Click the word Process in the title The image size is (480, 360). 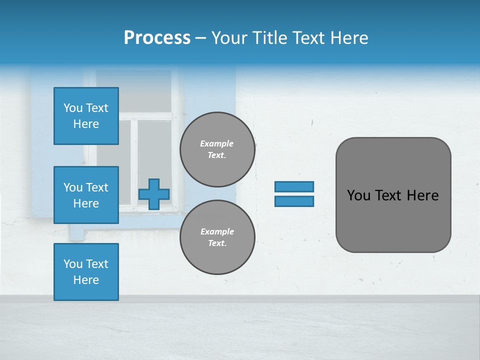pyautogui.click(x=157, y=38)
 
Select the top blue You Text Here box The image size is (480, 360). pyautogui.click(x=86, y=116)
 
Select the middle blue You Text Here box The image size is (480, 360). pyautogui.click(x=86, y=195)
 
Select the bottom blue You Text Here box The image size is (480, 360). pyautogui.click(x=86, y=271)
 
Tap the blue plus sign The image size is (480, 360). pyautogui.click(x=154, y=194)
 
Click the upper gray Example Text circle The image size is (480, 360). pyautogui.click(x=217, y=149)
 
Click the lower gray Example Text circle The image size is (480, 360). pyautogui.click(x=217, y=237)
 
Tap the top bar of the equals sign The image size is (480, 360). pyautogui.click(x=294, y=186)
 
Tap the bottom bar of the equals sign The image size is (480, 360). pyautogui.click(x=294, y=201)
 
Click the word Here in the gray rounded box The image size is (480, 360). pyautogui.click(x=422, y=195)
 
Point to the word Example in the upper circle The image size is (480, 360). pyautogui.click(x=217, y=143)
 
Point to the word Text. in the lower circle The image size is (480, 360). pyautogui.click(x=217, y=243)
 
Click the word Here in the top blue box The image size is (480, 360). pyautogui.click(x=86, y=124)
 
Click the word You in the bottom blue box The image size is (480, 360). pyautogui.click(x=73, y=264)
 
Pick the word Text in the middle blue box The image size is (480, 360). pyautogui.click(x=97, y=187)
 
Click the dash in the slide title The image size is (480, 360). pyautogui.click(x=200, y=38)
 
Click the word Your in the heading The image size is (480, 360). pyautogui.click(x=228, y=38)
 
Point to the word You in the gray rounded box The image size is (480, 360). pyautogui.click(x=358, y=195)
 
